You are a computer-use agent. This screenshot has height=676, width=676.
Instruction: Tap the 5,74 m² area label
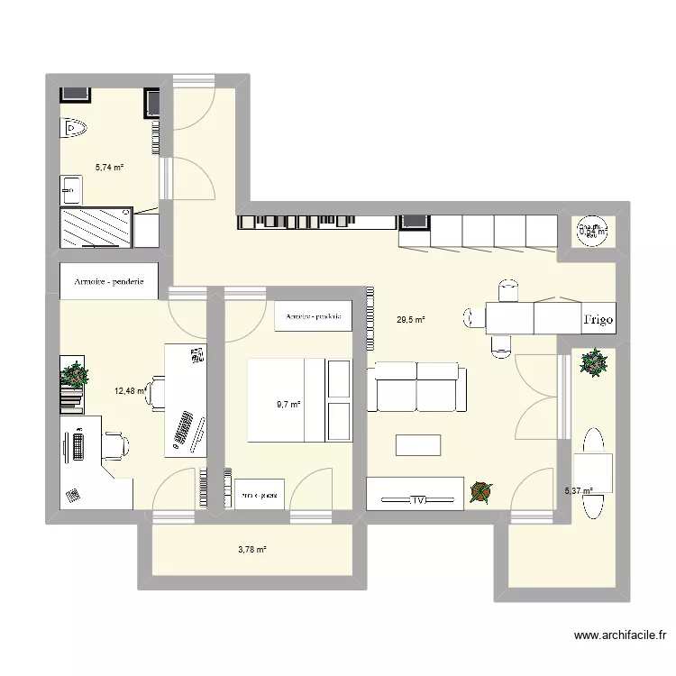109,167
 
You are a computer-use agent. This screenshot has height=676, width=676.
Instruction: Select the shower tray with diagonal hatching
95,227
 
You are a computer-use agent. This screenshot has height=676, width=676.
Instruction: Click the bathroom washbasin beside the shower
70,189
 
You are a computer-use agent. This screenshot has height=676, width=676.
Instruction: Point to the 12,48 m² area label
130,391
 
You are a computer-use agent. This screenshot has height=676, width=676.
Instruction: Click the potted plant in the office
75,373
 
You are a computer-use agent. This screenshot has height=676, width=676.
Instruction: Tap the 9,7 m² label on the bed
288,405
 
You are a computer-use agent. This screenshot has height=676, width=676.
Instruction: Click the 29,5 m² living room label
410,319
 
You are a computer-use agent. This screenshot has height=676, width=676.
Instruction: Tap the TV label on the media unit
416,498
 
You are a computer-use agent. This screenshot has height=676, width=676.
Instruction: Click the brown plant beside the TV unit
481,492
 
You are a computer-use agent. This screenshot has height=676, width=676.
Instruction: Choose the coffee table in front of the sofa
418,445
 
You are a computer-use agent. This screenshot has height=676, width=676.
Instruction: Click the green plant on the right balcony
594,362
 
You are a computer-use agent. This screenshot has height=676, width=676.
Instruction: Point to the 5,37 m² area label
579,491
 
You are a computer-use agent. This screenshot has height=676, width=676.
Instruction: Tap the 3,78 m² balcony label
251,549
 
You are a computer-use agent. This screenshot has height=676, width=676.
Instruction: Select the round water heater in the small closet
591,232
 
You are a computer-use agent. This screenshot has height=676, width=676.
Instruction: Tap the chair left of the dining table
472,316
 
